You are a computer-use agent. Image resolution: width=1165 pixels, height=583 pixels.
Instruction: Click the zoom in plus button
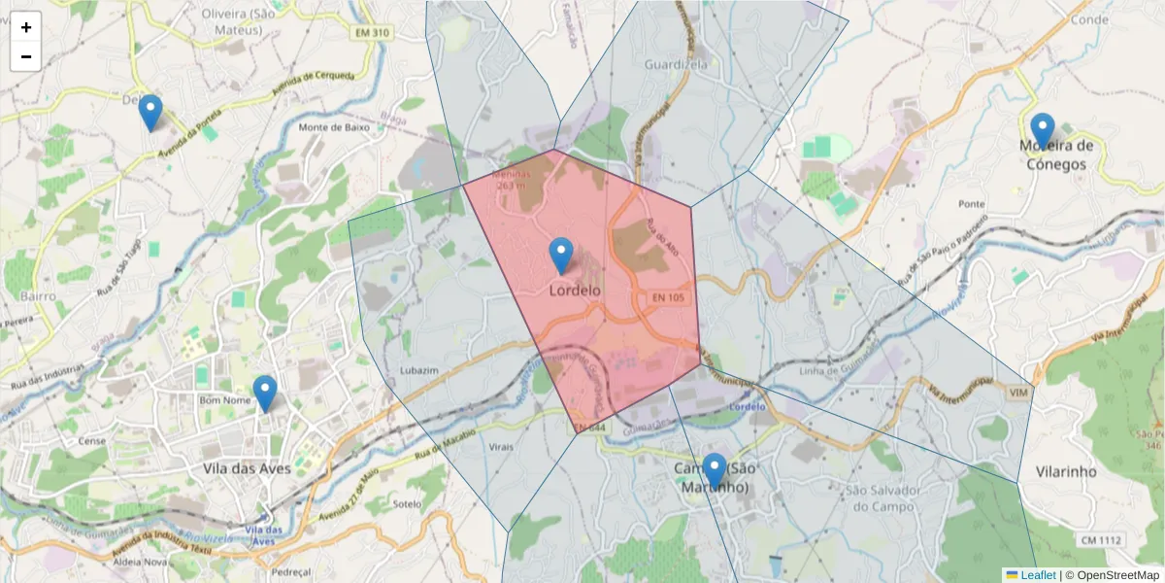click(x=26, y=27)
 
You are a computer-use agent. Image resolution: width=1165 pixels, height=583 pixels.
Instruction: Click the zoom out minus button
click(x=26, y=56)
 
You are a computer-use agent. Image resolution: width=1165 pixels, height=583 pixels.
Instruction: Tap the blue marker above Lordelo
click(x=561, y=256)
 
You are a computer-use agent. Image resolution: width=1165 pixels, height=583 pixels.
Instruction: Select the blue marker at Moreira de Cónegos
click(x=1042, y=130)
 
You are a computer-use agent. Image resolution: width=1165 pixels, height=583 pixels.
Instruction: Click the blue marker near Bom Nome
click(x=264, y=394)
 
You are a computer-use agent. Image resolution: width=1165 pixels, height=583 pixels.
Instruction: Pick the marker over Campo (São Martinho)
click(x=715, y=471)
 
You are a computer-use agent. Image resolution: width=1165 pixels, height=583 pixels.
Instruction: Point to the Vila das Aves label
click(x=248, y=468)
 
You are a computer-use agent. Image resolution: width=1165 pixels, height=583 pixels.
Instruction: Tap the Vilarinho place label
click(x=1066, y=471)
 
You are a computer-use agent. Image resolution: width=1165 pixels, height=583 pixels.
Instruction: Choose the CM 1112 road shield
click(x=1100, y=540)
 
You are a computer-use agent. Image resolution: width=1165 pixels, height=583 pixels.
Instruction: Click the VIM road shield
click(x=1018, y=392)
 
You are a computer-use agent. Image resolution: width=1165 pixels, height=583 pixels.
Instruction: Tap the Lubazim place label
click(x=419, y=371)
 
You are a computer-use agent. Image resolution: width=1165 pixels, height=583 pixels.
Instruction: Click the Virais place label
click(x=501, y=447)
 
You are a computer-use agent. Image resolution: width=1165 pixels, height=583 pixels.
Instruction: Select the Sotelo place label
click(x=408, y=504)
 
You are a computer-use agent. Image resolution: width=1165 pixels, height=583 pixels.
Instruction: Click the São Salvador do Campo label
click(x=881, y=498)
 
